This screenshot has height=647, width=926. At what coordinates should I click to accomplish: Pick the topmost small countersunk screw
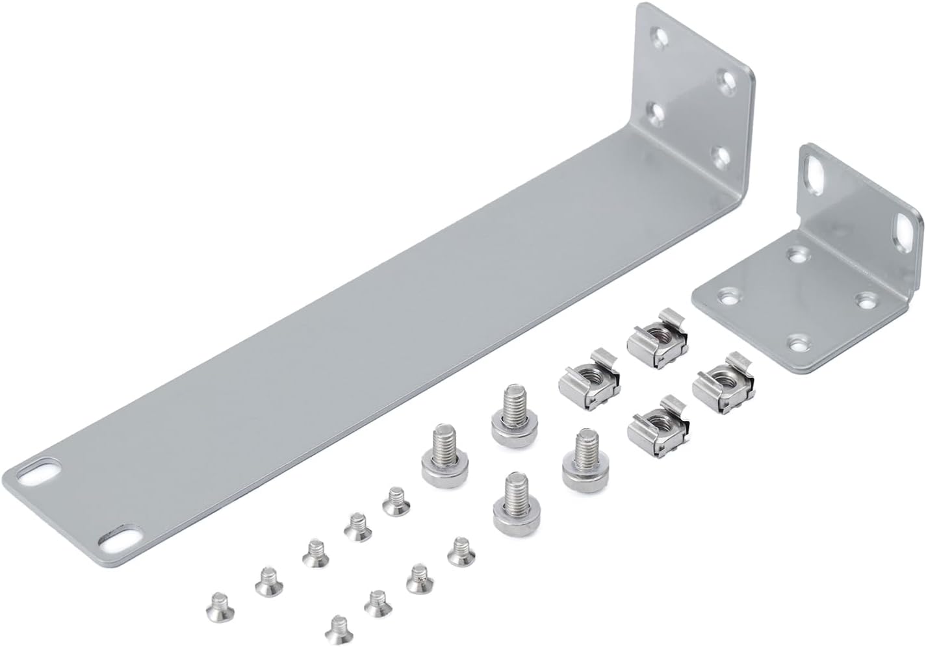point(394,501)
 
